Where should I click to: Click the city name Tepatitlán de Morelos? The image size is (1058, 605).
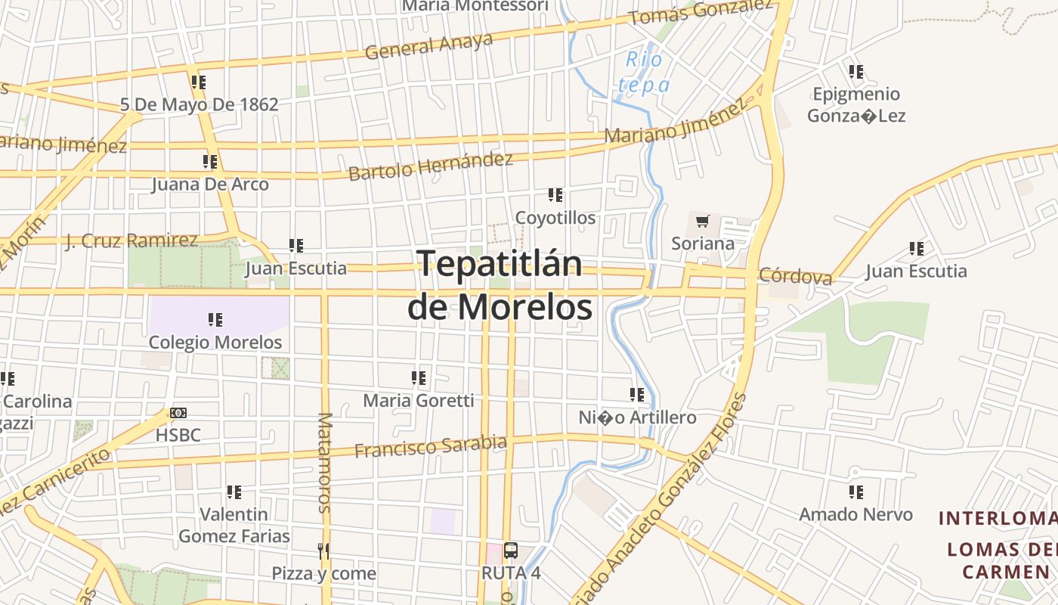pyautogui.click(x=500, y=285)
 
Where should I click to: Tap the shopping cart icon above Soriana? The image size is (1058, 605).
pyautogui.click(x=703, y=222)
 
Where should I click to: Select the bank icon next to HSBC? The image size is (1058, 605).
pyautogui.click(x=178, y=413)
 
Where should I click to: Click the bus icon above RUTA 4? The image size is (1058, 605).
pyautogui.click(x=511, y=551)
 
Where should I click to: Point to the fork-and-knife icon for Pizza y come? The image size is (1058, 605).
pyautogui.click(x=323, y=551)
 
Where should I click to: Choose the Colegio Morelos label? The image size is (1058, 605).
pyautogui.click(x=215, y=342)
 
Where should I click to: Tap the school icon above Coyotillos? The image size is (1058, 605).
pyautogui.click(x=555, y=195)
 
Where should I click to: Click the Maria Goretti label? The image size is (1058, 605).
pyautogui.click(x=419, y=400)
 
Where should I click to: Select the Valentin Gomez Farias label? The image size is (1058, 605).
pyautogui.click(x=234, y=525)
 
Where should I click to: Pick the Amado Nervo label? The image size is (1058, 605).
pyautogui.click(x=856, y=514)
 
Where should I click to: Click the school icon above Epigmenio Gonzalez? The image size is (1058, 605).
pyautogui.click(x=856, y=72)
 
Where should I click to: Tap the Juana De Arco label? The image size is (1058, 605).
pyautogui.click(x=210, y=184)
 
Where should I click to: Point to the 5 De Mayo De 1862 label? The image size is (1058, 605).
pyautogui.click(x=200, y=104)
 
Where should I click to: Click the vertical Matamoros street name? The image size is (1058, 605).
pyautogui.click(x=325, y=463)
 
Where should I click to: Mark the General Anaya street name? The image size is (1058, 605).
pyautogui.click(x=428, y=46)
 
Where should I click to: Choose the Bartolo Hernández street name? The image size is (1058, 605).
pyautogui.click(x=431, y=166)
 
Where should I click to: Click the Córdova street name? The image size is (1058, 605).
pyautogui.click(x=795, y=276)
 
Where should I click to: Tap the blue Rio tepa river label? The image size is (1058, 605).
pyautogui.click(x=644, y=72)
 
